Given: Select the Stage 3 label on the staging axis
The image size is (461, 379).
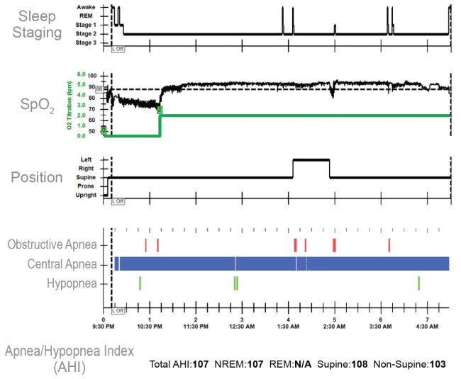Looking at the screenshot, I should point(86,43).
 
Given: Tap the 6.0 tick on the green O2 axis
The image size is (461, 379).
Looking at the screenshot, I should point(81,74).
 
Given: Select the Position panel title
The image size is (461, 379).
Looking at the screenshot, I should point(37,177).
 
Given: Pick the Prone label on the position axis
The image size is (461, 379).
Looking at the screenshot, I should point(88,186).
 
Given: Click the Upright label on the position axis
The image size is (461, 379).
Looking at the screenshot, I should point(86,195).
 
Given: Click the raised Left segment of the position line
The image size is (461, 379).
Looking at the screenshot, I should point(311,160).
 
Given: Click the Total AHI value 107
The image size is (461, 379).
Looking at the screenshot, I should point(200,364).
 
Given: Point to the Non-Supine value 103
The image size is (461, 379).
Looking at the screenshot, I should point(437,364).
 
